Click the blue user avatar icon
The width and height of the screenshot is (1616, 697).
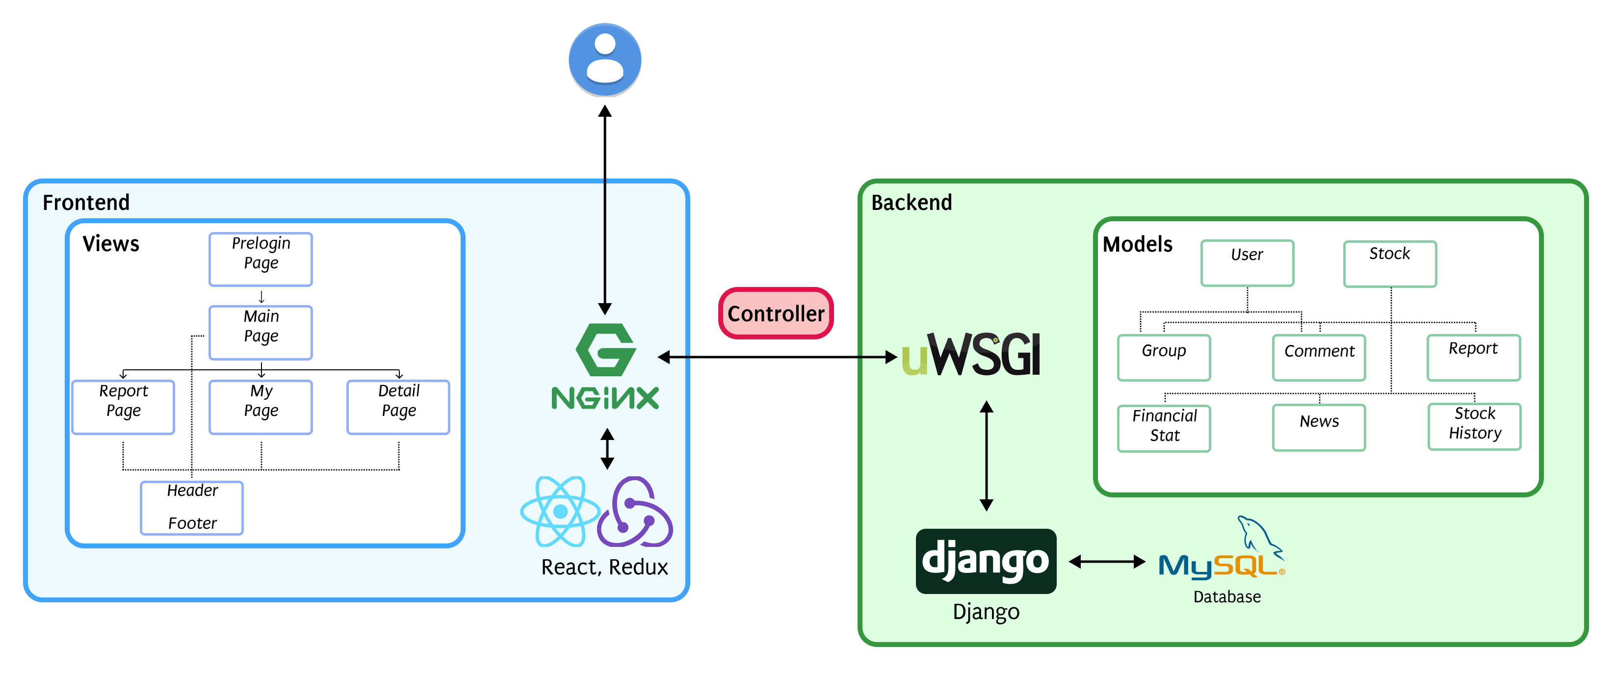pos(605,60)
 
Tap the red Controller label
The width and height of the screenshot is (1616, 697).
pos(776,313)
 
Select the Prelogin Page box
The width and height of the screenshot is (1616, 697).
pos(261,259)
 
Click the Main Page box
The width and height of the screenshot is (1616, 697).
pos(261,332)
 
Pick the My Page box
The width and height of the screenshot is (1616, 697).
pos(261,407)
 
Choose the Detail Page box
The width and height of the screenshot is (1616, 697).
pos(398,407)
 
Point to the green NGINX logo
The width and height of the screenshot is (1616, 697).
pos(605,367)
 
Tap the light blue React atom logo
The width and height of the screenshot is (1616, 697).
pos(560,511)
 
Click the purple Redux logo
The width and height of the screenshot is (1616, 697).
pos(635,511)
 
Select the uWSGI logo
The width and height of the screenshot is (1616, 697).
pos(971,355)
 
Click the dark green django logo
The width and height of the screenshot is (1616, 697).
pos(986,561)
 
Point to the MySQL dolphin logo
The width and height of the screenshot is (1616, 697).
pos(1221,552)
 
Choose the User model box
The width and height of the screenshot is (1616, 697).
pos(1247,263)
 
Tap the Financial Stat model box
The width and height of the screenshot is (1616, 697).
pos(1164,428)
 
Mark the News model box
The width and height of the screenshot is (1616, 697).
pos(1319,427)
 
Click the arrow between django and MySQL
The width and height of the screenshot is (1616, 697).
pos(1107,562)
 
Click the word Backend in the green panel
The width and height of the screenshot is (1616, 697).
pos(912,203)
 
